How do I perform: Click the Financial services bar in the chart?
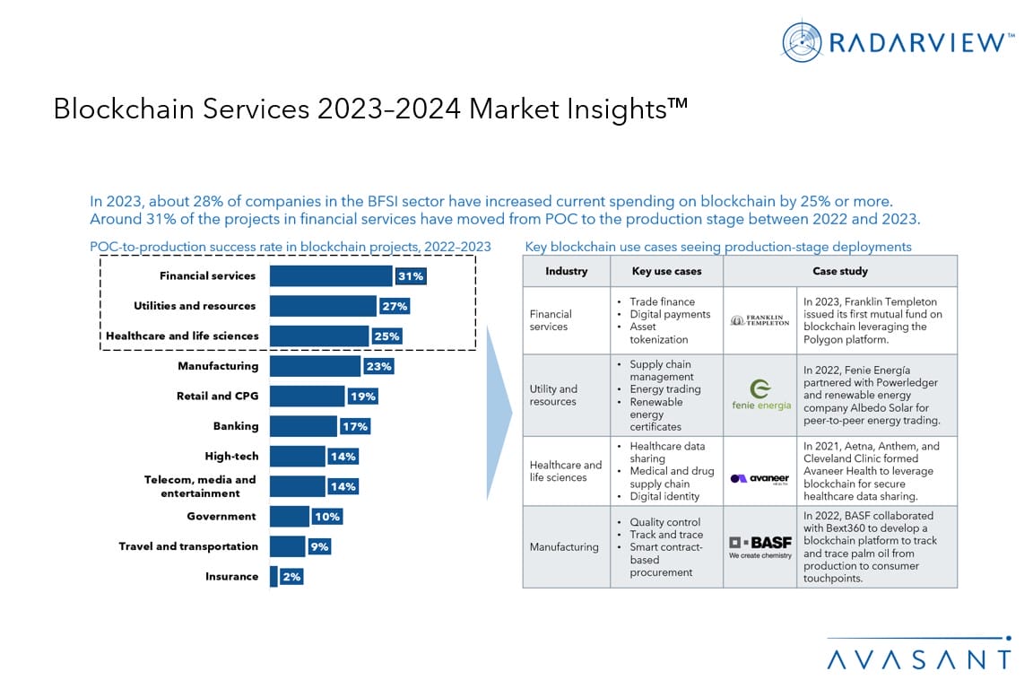point(331,276)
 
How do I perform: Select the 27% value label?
point(395,306)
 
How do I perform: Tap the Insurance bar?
point(273,577)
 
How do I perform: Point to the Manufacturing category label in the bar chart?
point(218,366)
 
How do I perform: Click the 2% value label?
point(291,577)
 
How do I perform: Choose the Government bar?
point(289,517)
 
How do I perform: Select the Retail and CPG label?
point(217,396)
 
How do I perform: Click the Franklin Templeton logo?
point(760,320)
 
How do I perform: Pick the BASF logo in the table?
point(760,547)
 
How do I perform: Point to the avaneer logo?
point(760,478)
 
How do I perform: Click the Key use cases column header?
point(666,271)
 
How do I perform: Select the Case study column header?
point(839,271)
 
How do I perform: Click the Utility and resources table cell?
point(553,395)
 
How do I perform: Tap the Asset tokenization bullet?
point(658,334)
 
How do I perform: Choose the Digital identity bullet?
point(665,496)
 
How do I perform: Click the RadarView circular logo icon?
point(802,41)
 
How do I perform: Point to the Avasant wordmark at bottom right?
point(918,659)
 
